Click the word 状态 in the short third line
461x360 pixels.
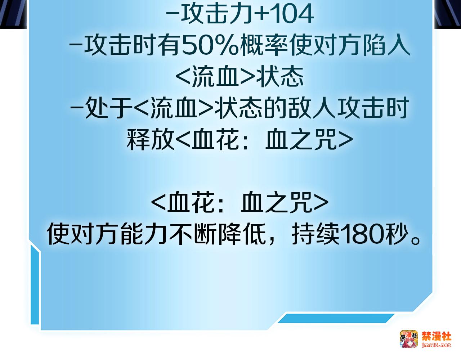point(280,77)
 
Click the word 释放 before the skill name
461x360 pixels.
point(151,139)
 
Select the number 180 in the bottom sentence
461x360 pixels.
point(362,235)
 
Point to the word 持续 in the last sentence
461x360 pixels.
point(315,235)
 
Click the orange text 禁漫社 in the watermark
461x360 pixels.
point(437,337)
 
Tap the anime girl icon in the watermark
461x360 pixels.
point(409,339)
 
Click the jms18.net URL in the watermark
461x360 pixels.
point(436,345)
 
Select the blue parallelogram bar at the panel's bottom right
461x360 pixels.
point(336,319)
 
